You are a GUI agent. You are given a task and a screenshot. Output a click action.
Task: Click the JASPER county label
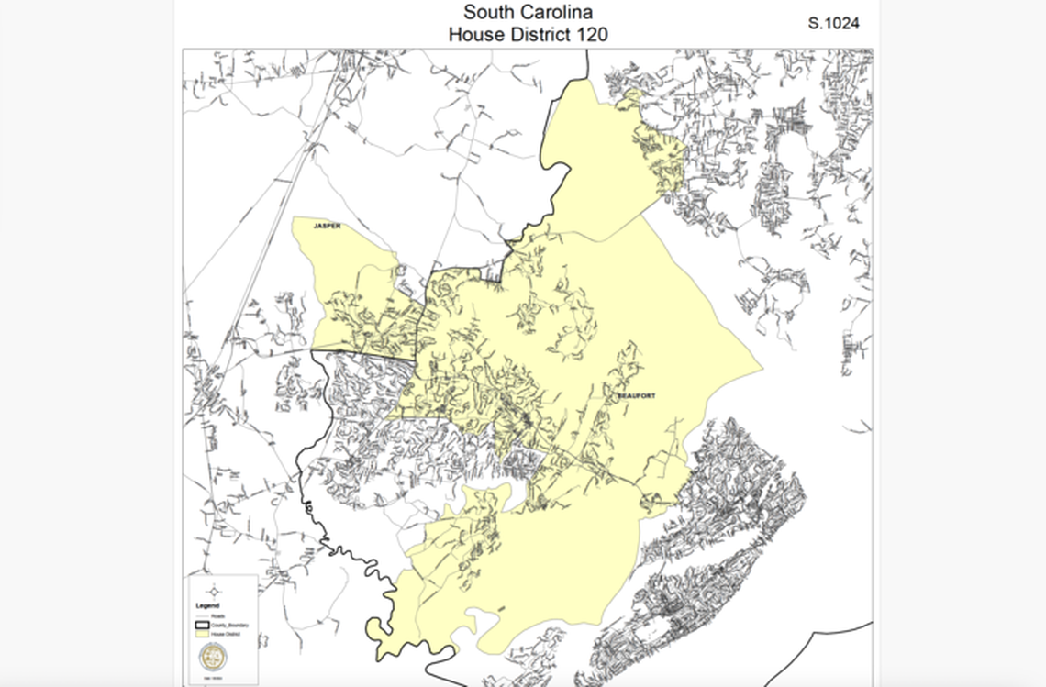[x=327, y=226]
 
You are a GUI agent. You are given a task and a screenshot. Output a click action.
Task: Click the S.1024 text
[x=833, y=24]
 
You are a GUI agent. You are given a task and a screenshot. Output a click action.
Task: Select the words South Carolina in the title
[x=528, y=13]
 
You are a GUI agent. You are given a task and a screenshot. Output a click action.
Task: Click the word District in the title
[x=536, y=35]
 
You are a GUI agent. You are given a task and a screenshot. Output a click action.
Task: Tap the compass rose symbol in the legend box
[x=214, y=592]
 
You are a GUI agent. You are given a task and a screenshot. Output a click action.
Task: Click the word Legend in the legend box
[x=207, y=605]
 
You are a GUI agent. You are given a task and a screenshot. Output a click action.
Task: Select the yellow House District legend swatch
[x=202, y=634]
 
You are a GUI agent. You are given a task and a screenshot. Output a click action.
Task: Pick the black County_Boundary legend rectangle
[x=202, y=625]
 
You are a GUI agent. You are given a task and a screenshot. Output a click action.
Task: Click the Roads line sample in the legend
[x=202, y=616]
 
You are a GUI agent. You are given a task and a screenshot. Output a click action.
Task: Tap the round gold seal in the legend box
[x=213, y=657]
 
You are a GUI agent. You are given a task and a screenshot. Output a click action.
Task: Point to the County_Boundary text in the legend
[x=229, y=625]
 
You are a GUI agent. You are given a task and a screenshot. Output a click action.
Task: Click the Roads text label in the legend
[x=218, y=616]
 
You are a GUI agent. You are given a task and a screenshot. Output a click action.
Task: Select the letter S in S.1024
[x=813, y=24]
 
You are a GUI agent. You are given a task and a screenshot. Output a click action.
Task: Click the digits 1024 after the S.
[x=841, y=24]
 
